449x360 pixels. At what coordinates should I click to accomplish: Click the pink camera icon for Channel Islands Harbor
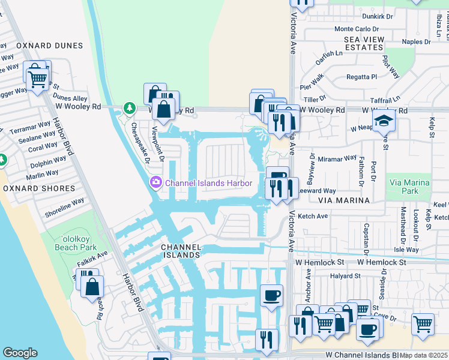click(155, 182)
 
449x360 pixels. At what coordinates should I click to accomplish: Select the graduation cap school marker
click(384, 122)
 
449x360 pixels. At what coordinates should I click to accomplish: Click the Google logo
click(20, 353)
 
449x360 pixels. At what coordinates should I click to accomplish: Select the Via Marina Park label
click(409, 187)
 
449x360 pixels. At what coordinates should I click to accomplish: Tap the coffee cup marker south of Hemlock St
click(272, 296)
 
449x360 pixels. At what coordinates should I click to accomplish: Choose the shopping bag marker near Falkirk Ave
click(92, 287)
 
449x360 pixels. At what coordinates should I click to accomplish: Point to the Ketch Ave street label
click(313, 216)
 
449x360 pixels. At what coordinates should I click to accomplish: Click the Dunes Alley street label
click(70, 98)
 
